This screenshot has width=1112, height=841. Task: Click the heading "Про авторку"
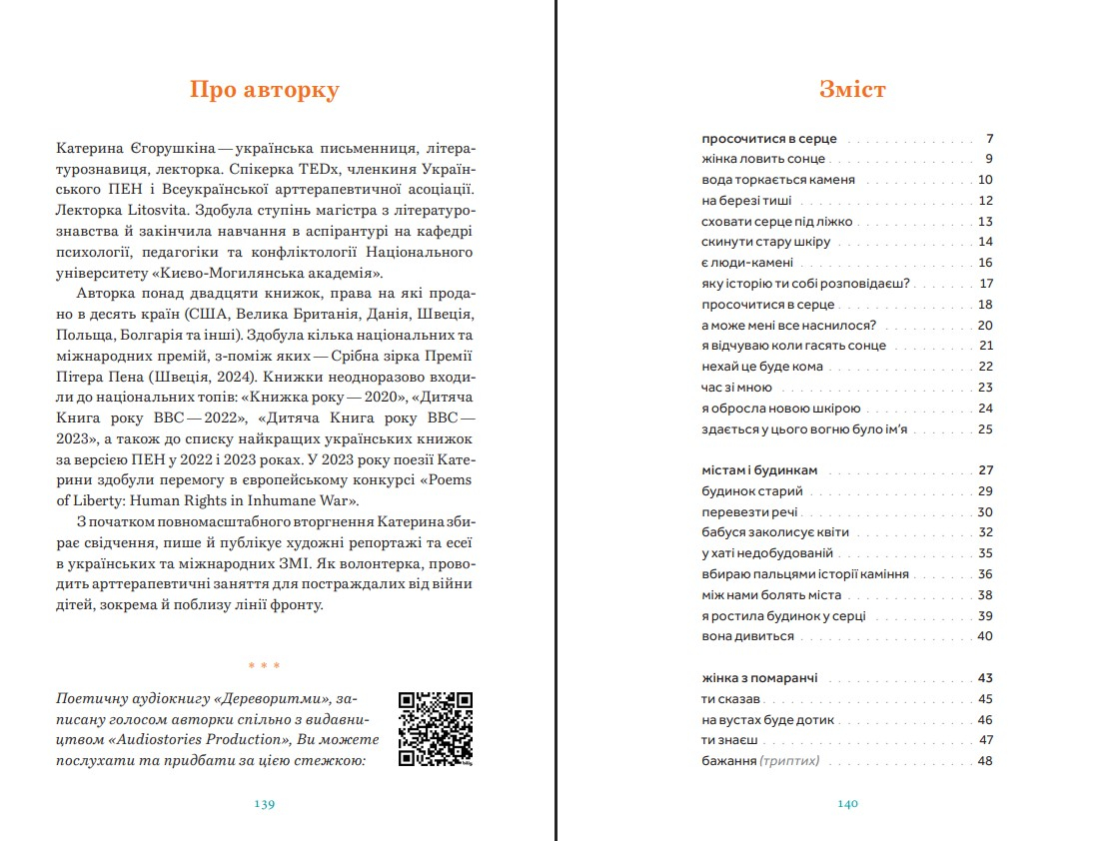[x=264, y=90]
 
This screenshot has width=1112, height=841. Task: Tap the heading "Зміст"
[x=852, y=90]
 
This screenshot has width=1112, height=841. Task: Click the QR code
[x=436, y=729]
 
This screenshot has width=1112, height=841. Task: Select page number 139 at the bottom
[x=264, y=803]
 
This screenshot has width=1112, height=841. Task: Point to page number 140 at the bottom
[x=848, y=803]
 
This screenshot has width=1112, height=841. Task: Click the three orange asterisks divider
[x=264, y=665]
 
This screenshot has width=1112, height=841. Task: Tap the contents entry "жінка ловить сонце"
[x=763, y=159]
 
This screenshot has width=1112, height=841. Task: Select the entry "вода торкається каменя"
[x=778, y=180]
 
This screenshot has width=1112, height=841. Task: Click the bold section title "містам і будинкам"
[x=759, y=470]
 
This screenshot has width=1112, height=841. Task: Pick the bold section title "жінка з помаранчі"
[x=763, y=678]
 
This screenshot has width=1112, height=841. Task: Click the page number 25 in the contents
[x=985, y=429]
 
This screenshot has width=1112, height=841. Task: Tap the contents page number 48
[x=985, y=761]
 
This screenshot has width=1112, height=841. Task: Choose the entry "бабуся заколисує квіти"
[x=775, y=532]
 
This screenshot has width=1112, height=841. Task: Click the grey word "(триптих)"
[x=789, y=761]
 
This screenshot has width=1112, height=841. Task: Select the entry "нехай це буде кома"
[x=762, y=367]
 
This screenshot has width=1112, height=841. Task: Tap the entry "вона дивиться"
[x=747, y=636]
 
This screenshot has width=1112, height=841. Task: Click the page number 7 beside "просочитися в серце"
[x=989, y=139]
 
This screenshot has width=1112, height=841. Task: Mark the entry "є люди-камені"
[x=747, y=263]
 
